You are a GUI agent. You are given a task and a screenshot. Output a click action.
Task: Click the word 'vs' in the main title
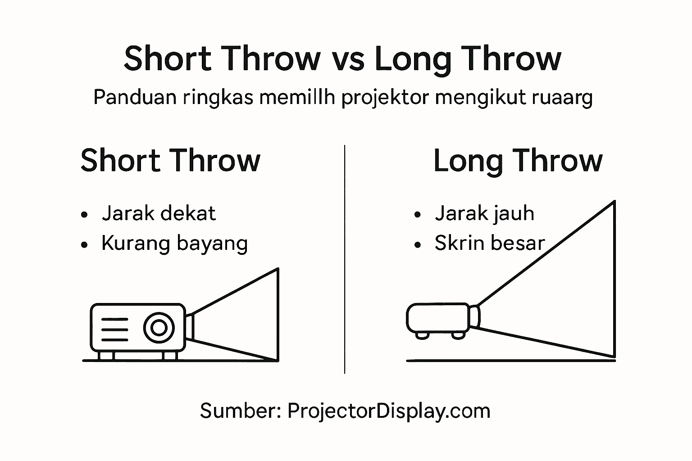tap(348, 59)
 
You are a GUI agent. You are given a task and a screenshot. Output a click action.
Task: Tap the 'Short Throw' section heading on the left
tap(170, 161)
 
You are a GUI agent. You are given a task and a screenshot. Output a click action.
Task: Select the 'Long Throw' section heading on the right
tap(517, 161)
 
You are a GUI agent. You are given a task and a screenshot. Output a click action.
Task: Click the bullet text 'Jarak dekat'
tap(159, 213)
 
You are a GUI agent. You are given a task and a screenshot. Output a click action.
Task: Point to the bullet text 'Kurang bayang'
tap(174, 244)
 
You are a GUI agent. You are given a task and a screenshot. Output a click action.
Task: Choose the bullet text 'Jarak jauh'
tap(484, 213)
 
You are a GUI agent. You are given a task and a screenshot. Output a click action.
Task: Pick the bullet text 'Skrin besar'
tap(490, 244)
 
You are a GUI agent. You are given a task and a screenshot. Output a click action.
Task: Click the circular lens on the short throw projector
tap(159, 327)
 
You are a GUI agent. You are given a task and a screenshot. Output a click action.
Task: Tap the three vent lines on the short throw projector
tap(114, 330)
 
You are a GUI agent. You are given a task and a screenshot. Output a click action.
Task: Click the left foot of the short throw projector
tap(106, 356)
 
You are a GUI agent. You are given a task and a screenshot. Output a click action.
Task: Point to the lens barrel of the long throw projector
tap(474, 316)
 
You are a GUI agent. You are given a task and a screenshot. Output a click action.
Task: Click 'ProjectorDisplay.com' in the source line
tap(389, 411)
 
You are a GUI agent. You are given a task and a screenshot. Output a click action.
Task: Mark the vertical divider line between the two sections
tap(345, 259)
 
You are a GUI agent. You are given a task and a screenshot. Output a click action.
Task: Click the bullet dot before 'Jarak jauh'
tap(417, 215)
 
